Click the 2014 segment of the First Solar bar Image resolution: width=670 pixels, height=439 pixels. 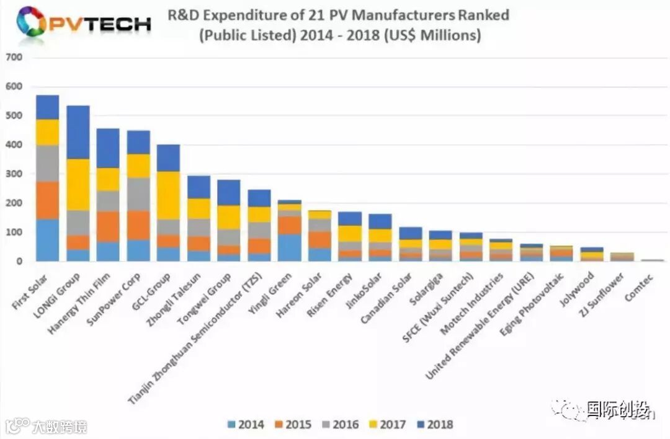(x=47, y=240)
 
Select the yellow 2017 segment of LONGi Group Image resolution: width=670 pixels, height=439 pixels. (x=78, y=184)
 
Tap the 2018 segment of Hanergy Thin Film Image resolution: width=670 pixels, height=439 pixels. (x=108, y=148)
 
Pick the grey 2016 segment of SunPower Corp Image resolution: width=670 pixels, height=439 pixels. (x=138, y=194)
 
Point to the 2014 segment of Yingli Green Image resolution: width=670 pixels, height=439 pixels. (x=290, y=247)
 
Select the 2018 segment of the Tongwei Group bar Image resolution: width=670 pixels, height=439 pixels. (x=229, y=192)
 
